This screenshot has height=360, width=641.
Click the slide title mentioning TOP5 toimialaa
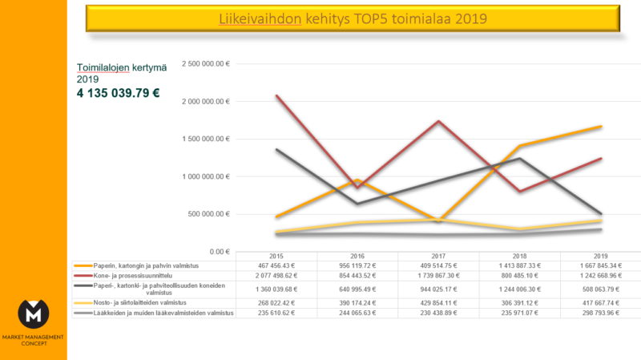pyautogui.click(x=353, y=18)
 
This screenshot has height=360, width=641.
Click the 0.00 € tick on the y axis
pyautogui.click(x=219, y=251)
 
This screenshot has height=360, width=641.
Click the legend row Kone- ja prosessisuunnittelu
pyautogui.click(x=129, y=275)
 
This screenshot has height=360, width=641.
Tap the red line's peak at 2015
pyautogui.click(x=276, y=96)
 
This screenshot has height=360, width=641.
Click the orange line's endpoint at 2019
pyautogui.click(x=602, y=127)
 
